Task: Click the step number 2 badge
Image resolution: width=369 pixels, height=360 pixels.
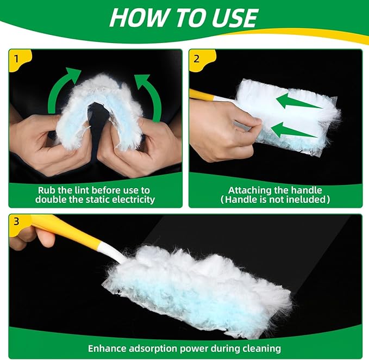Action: point(196,57)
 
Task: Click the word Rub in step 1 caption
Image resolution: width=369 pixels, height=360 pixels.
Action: point(47,190)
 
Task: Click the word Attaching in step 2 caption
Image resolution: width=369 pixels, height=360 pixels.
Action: point(248,190)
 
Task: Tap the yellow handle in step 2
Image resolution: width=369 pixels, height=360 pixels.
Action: point(201,94)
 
